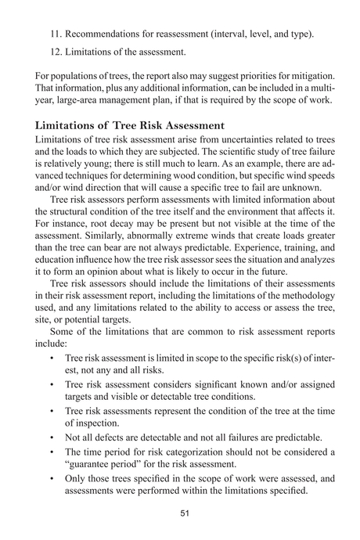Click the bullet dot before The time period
pyautogui.click(x=51, y=452)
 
